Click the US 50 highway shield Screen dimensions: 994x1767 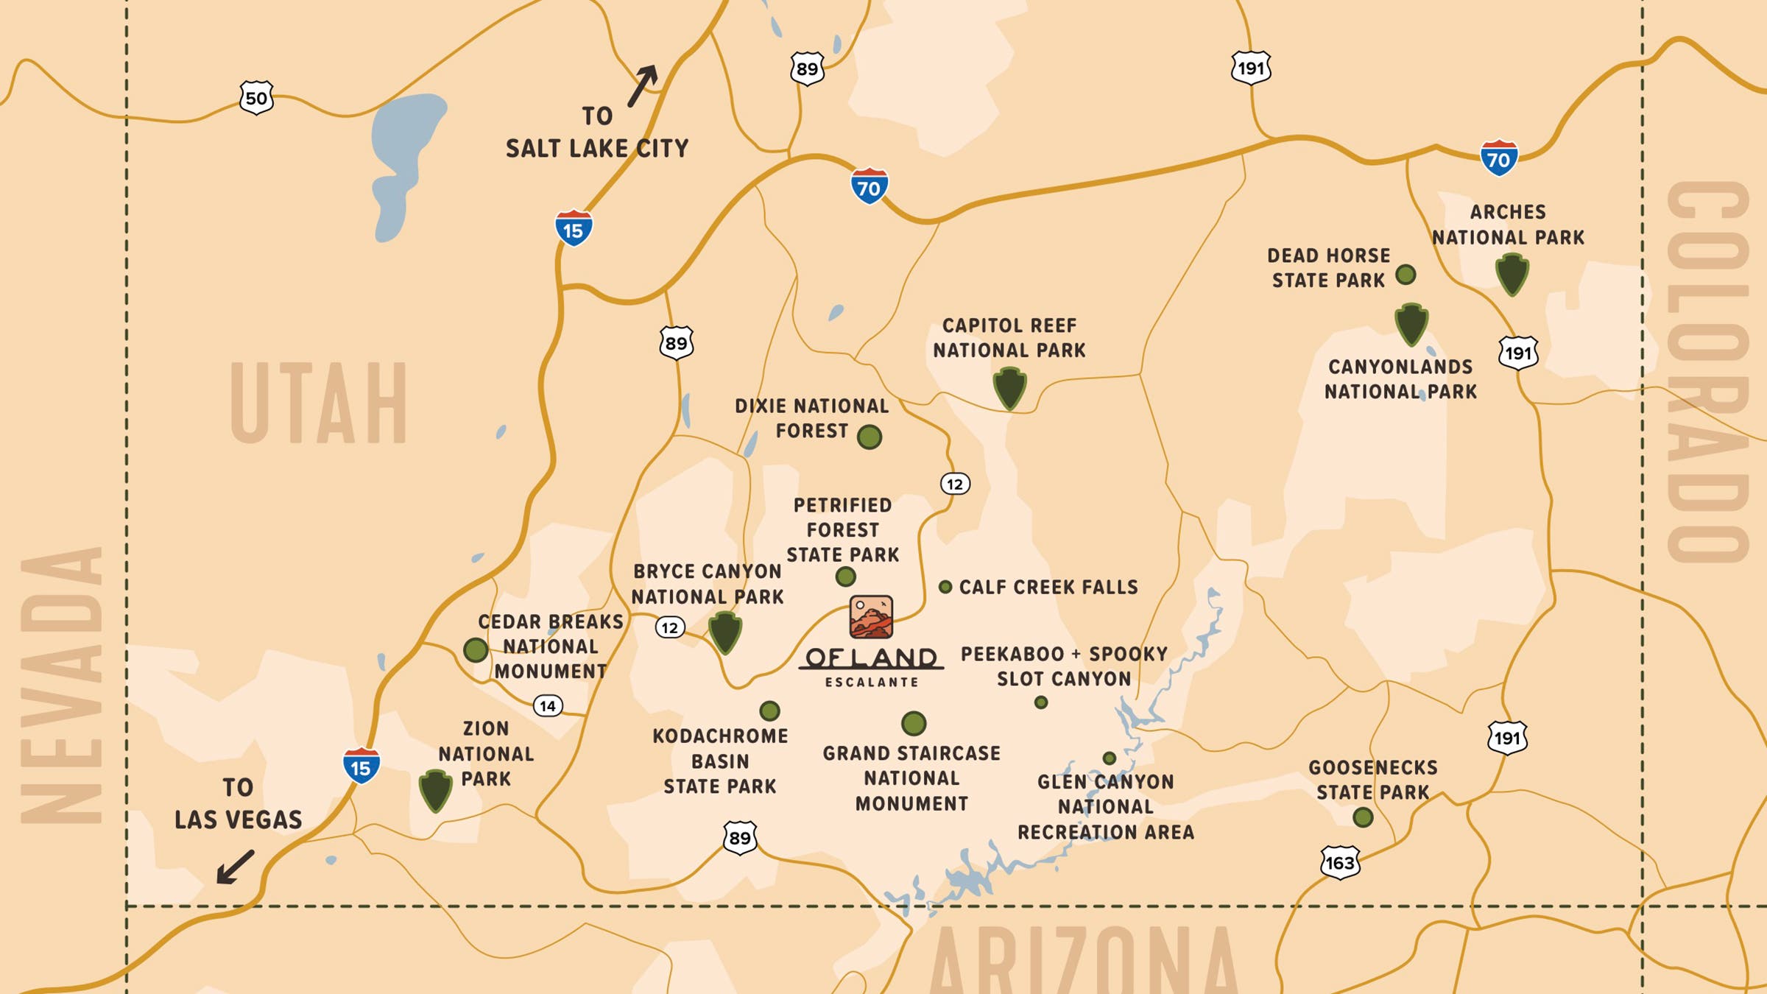(256, 97)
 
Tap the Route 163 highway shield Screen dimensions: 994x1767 (1339, 862)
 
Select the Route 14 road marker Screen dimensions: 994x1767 (548, 706)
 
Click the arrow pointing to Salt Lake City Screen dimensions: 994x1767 (642, 85)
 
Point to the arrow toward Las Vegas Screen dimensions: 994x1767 (235, 867)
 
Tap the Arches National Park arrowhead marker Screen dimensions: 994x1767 (1512, 275)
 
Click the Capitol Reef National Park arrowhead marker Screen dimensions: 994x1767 (1009, 389)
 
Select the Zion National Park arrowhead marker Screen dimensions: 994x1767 (435, 791)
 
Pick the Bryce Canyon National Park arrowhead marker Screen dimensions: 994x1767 (725, 632)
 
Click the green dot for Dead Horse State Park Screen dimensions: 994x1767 (1406, 275)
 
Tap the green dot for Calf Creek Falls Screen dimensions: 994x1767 (945, 587)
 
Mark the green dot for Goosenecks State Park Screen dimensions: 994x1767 (1363, 817)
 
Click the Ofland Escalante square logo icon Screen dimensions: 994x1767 (871, 617)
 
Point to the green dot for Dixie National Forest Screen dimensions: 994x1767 (870, 437)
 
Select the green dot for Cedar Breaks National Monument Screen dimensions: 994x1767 (476, 649)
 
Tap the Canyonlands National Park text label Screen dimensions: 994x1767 (1400, 379)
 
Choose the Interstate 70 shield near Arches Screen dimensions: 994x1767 (1498, 158)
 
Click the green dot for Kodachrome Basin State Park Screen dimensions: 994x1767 (769, 711)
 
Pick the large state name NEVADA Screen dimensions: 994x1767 (62, 685)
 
